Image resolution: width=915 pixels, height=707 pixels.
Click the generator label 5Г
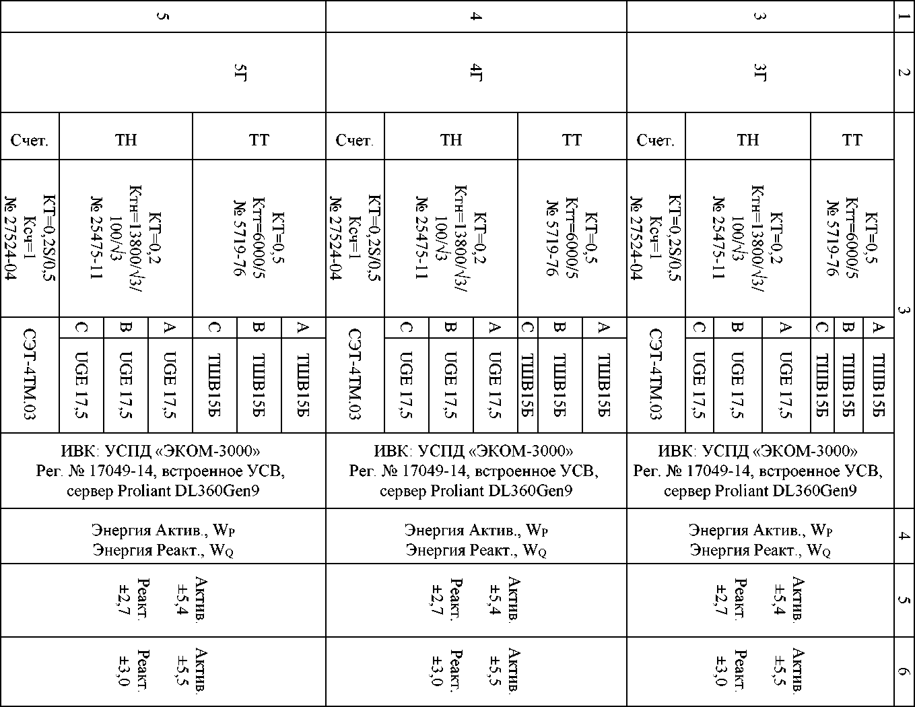[238, 73]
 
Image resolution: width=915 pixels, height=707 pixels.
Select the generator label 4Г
[475, 73]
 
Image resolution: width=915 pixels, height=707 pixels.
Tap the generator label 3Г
[759, 73]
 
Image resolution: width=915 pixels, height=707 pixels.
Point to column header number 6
[904, 671]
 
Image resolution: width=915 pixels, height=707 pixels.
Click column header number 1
[904, 16]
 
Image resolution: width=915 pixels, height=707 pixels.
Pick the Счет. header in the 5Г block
[30, 140]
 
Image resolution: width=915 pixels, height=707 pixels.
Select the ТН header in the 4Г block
[451, 140]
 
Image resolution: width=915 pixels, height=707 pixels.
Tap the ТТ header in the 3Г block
[852, 140]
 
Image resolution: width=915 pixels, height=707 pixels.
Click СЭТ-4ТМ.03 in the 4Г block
[355, 374]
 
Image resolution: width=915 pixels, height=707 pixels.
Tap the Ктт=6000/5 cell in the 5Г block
[259, 238]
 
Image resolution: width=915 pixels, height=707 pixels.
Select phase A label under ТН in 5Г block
[170, 328]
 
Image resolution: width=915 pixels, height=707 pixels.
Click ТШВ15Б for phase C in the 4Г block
[527, 384]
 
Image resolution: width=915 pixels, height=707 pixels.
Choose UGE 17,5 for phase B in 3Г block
[738, 384]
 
